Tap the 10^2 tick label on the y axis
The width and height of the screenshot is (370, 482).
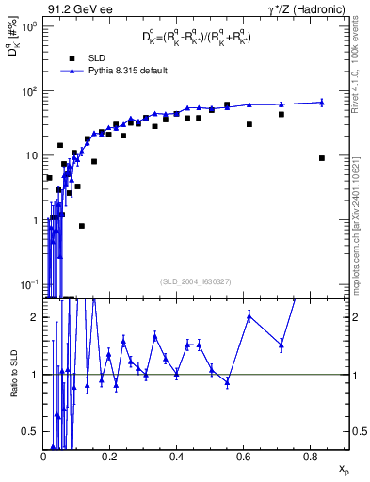pyautogui.click(x=27, y=91)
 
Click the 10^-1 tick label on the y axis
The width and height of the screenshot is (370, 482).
pyautogui.click(x=27, y=284)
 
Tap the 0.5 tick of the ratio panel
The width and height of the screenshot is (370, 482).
pyautogui.click(x=31, y=431)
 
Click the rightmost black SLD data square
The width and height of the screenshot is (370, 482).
pyautogui.click(x=322, y=158)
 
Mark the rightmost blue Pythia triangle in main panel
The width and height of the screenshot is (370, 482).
pyautogui.click(x=322, y=102)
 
